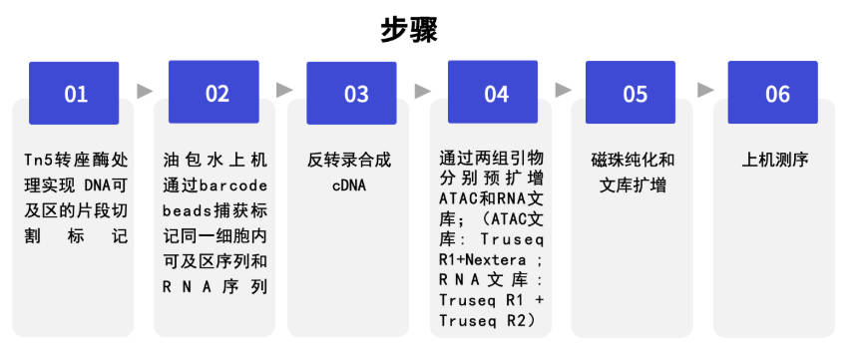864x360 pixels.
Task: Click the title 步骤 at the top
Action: point(409,30)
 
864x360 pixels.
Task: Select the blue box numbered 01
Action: point(74,93)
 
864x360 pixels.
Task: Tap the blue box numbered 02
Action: point(214,92)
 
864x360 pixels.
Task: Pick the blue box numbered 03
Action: point(351,93)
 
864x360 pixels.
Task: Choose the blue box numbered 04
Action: point(493,92)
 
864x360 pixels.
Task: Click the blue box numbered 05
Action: point(631,93)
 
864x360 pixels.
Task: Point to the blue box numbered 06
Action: point(773,93)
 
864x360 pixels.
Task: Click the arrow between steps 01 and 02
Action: point(145,91)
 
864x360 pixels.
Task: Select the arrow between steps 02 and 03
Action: point(284,91)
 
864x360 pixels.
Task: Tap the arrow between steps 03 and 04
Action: point(423,91)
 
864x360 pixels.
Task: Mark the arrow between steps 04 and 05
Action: point(563,91)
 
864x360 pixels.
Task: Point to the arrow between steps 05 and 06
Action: point(705,91)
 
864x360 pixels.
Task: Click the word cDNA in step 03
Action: point(349,185)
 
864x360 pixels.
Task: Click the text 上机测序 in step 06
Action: point(775,161)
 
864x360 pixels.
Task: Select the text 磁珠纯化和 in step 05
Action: point(633,161)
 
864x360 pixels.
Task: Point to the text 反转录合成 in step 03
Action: point(349,161)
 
